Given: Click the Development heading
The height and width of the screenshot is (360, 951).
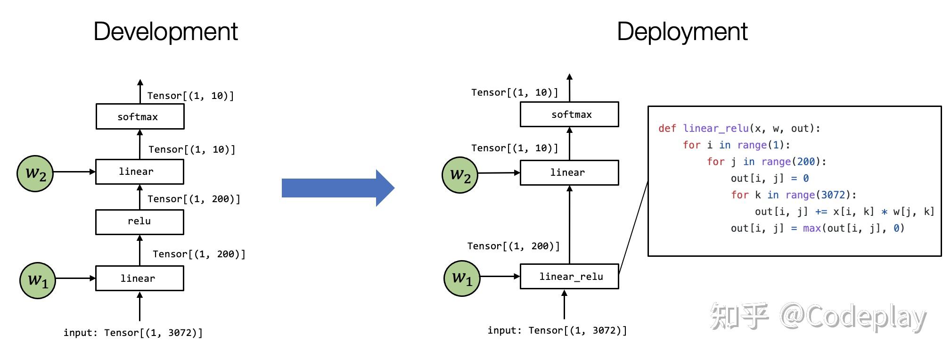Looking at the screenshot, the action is (166, 32).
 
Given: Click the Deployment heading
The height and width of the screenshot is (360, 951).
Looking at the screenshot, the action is (682, 32).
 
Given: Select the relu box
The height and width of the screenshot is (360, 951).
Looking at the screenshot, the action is (139, 221).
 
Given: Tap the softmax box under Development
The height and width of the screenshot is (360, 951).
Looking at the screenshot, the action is (140, 116).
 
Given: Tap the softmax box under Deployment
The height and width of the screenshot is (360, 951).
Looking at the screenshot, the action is (569, 114).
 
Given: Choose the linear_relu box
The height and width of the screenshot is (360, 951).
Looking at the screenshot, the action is (569, 276).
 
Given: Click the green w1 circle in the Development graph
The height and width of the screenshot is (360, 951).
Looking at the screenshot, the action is (38, 280).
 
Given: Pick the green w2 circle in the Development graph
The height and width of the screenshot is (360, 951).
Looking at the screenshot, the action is (35, 173).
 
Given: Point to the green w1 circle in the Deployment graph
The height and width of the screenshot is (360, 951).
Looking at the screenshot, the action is (462, 278).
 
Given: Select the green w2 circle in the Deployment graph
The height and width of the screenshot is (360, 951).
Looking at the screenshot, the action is (460, 175).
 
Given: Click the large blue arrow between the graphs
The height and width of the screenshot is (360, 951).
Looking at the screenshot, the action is (338, 188).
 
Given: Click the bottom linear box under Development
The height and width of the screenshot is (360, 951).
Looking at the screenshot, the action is (139, 278).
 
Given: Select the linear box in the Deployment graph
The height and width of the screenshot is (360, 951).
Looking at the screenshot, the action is (569, 172).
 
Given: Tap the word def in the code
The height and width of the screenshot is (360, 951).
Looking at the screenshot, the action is (667, 128).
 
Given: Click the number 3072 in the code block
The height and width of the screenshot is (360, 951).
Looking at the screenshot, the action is (833, 195).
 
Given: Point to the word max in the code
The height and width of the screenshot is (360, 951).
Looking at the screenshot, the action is (812, 228).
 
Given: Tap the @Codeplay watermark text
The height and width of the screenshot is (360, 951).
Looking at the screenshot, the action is (853, 317).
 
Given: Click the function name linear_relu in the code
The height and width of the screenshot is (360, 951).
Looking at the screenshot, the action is (716, 128).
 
